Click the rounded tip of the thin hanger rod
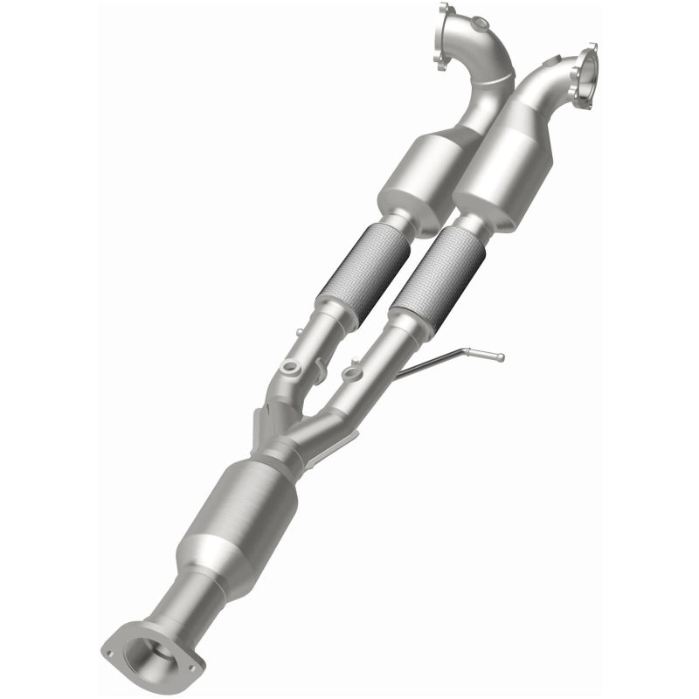500,356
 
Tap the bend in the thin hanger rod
460,351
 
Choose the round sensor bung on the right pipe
352,375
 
